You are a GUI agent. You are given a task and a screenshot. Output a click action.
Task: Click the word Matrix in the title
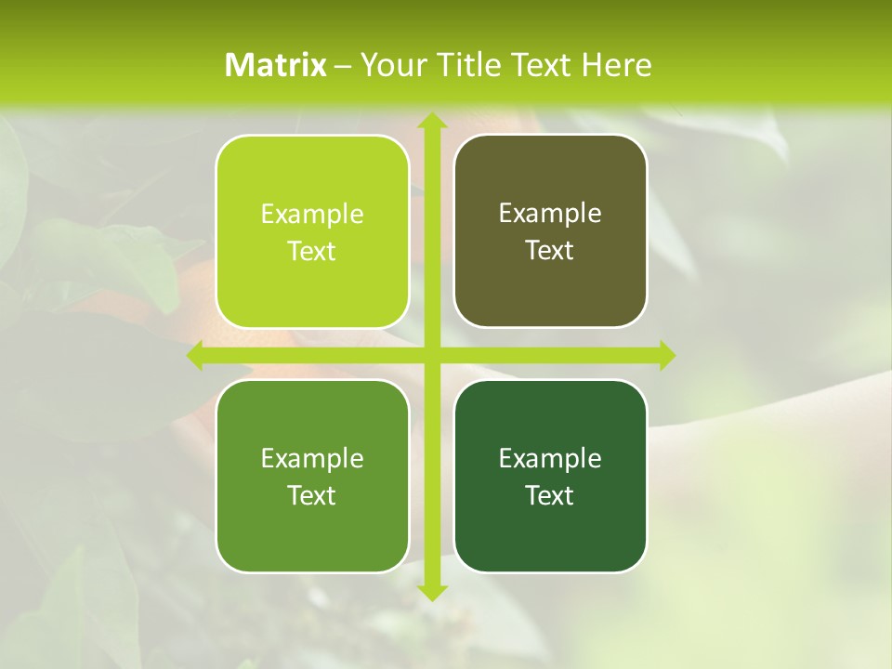tap(276, 65)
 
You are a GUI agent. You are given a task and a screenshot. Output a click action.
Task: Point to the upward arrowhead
tap(431, 121)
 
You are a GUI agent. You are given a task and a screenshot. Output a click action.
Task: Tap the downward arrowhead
tap(431, 591)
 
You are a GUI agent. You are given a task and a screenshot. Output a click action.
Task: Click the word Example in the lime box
tap(312, 215)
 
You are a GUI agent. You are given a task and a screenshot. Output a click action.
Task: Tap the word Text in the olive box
tap(550, 250)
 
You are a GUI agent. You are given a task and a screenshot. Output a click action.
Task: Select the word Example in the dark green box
tap(550, 458)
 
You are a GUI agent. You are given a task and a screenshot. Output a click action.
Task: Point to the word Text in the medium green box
tap(312, 495)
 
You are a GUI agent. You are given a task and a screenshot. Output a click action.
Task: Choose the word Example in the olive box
tap(550, 214)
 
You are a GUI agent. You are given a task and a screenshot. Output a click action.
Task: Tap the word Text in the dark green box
tap(550, 495)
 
